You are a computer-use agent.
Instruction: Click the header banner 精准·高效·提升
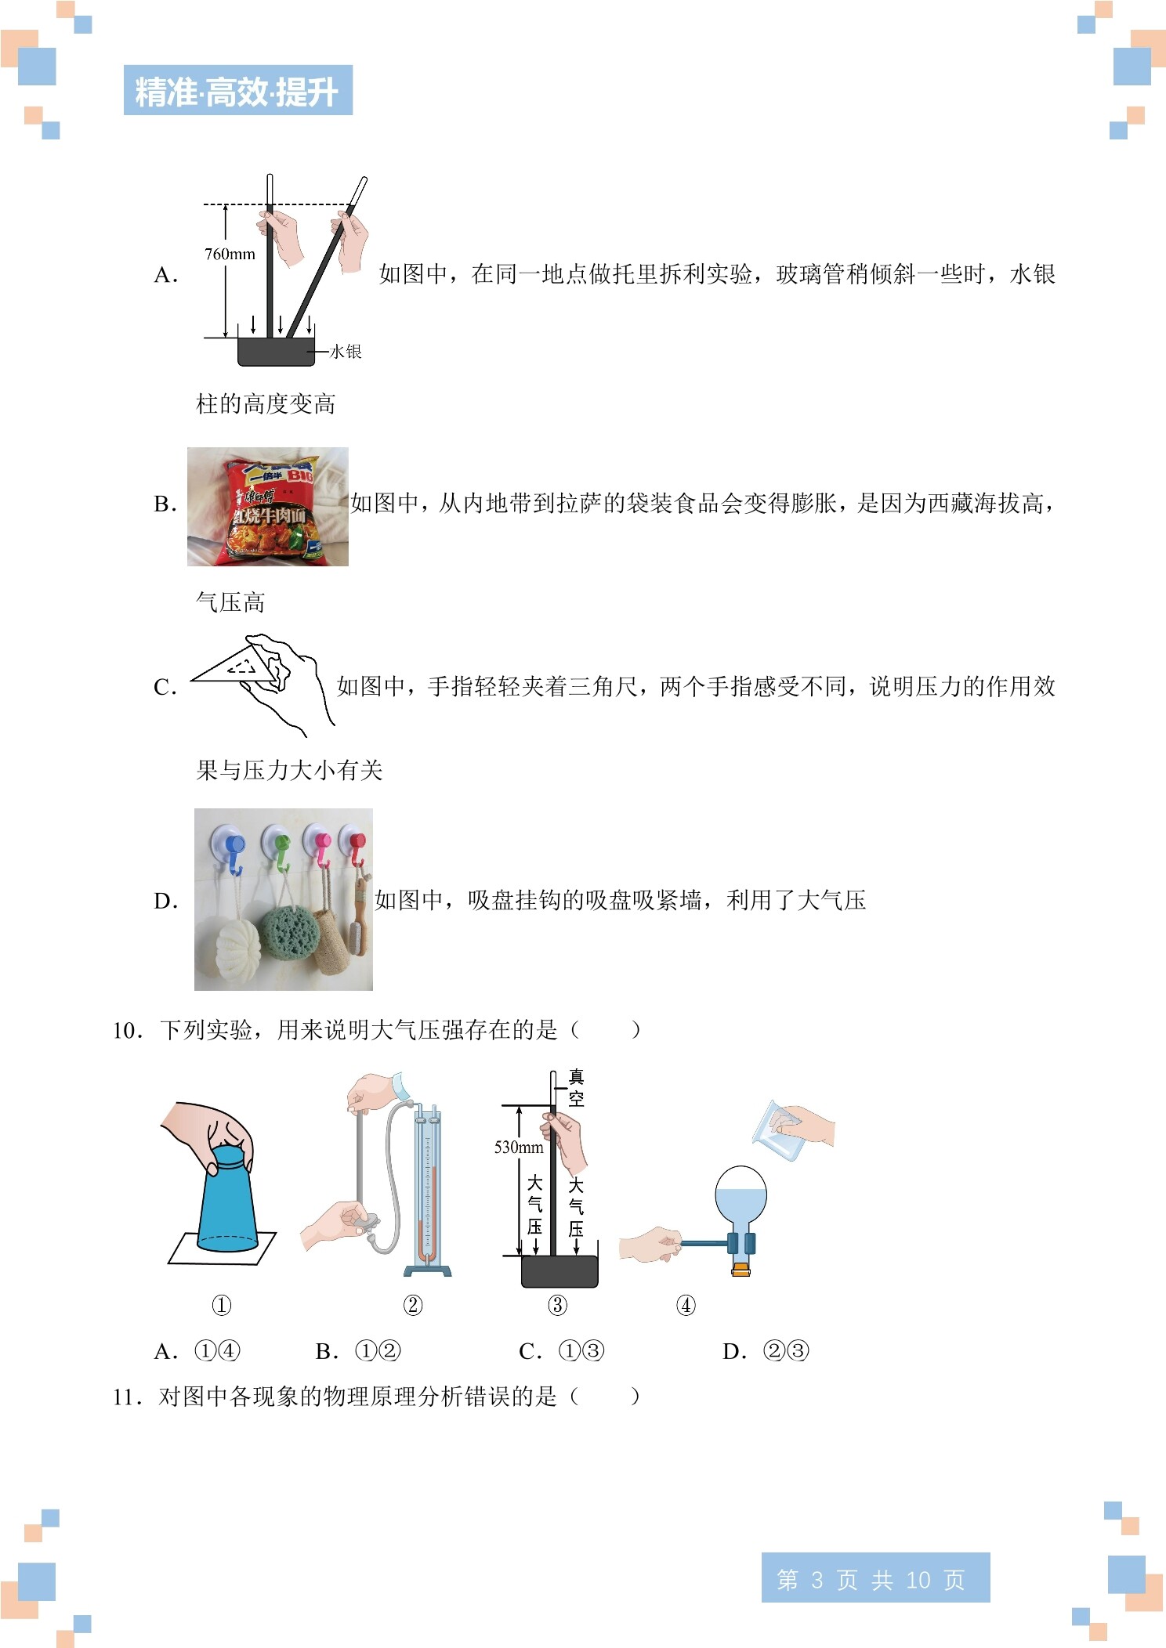(x=237, y=91)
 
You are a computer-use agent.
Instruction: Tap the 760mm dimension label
(x=230, y=254)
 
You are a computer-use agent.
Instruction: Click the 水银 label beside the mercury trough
(x=346, y=352)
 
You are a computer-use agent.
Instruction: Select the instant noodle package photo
(x=268, y=507)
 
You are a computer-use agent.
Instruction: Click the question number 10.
(x=127, y=1030)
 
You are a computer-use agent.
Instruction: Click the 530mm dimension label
(x=518, y=1147)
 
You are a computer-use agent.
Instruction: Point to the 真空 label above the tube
(x=576, y=1088)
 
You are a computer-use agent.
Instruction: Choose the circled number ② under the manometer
(x=413, y=1305)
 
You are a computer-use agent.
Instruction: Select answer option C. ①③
(x=562, y=1351)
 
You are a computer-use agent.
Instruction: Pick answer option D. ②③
(x=766, y=1351)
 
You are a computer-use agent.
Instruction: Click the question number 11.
(x=127, y=1397)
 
